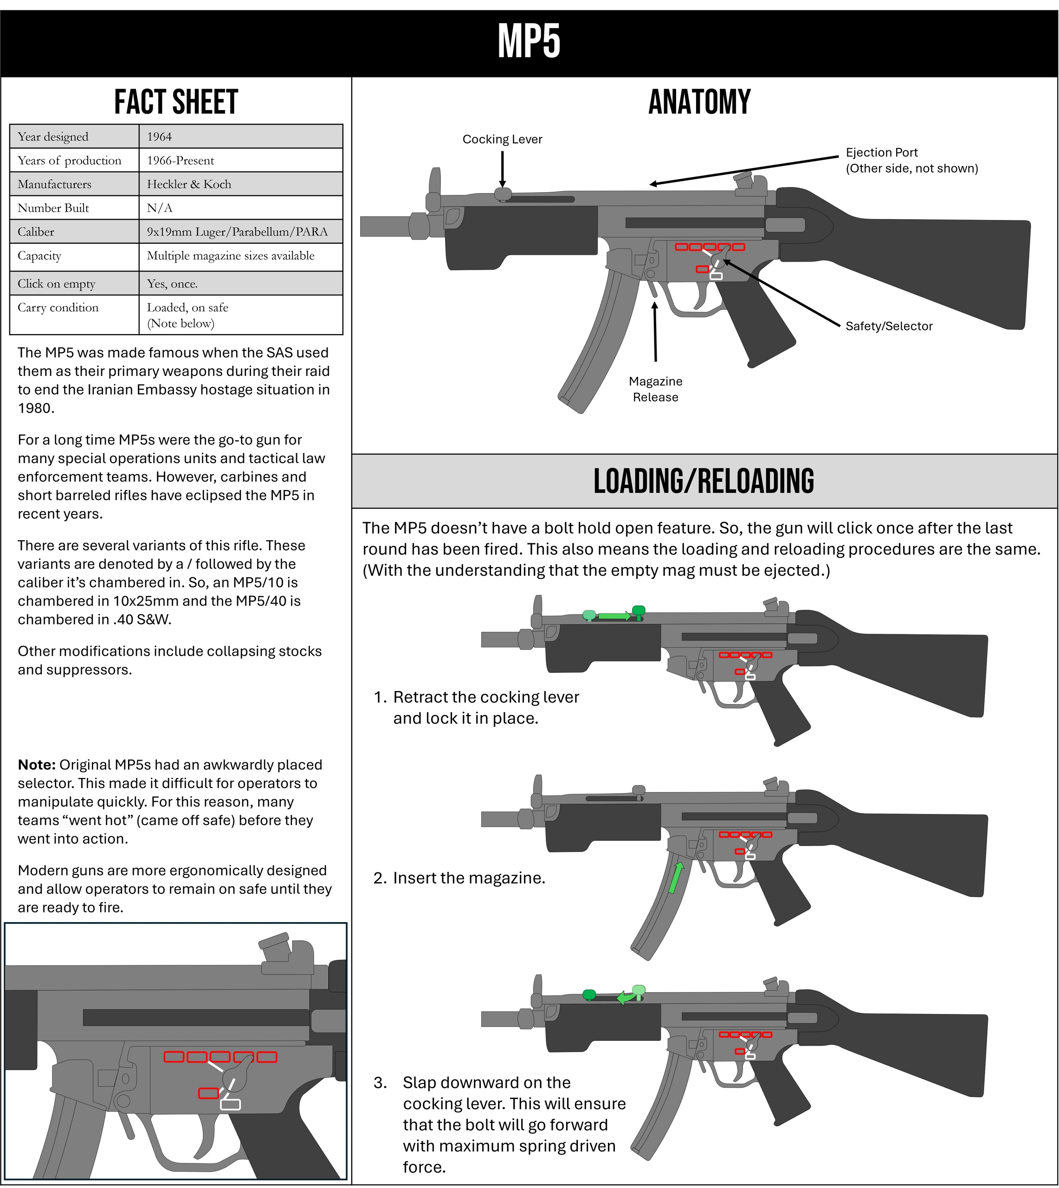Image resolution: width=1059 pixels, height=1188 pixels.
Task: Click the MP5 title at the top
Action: (529, 41)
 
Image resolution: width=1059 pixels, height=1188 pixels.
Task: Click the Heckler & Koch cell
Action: (189, 184)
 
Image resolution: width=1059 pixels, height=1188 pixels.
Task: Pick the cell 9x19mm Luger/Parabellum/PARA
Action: (237, 232)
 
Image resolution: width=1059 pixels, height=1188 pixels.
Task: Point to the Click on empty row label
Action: (57, 284)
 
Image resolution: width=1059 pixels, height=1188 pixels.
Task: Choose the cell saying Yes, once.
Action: (172, 284)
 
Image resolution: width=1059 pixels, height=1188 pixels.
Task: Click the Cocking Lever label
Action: (502, 140)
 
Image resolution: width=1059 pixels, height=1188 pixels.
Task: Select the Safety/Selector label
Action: (889, 326)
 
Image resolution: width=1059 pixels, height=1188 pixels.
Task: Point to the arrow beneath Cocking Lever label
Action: (502, 169)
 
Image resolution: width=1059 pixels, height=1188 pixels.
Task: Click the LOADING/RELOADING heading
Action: (704, 481)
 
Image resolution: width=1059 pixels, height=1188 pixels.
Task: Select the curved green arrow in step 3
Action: (625, 997)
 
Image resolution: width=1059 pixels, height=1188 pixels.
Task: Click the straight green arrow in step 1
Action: (614, 615)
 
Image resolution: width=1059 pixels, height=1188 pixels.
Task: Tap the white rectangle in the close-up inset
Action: (231, 1104)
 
